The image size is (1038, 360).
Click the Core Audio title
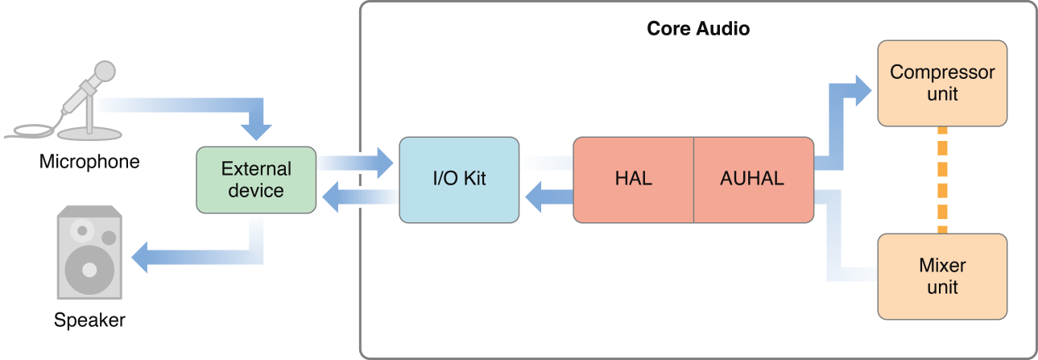pyautogui.click(x=698, y=29)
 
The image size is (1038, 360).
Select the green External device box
pyautogui.click(x=256, y=180)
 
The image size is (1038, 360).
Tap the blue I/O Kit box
pyautogui.click(x=459, y=179)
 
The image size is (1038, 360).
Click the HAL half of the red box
pyautogui.click(x=632, y=179)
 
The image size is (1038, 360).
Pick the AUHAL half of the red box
pyautogui.click(x=751, y=179)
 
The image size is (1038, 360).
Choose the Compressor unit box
pyautogui.click(x=941, y=83)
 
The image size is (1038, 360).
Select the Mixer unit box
pyautogui.click(x=941, y=276)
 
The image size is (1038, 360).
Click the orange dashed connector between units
pyautogui.click(x=942, y=180)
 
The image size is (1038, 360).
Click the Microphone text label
pyautogui.click(x=89, y=162)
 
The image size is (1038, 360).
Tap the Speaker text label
pyautogui.click(x=89, y=320)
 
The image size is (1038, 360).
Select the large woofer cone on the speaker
pyautogui.click(x=89, y=269)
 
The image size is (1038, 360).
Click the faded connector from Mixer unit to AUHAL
pyautogui.click(x=834, y=242)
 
